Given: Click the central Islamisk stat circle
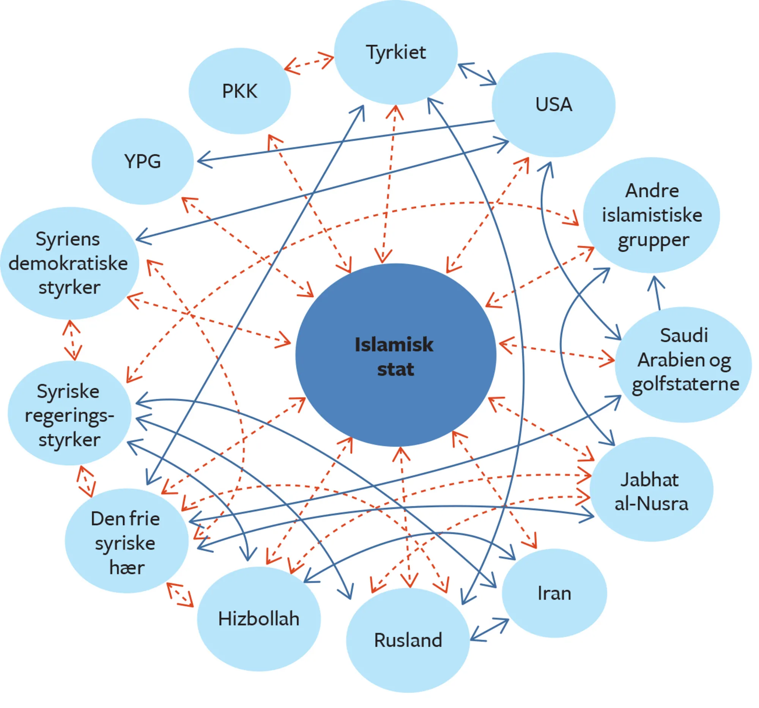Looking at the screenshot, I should (x=395, y=355).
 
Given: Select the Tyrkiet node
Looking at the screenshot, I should (x=395, y=52).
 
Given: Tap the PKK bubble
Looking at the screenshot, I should (x=239, y=91).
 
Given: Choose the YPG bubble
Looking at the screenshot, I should (x=142, y=162).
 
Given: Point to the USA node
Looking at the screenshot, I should (x=553, y=105).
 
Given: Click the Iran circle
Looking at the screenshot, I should (x=554, y=593).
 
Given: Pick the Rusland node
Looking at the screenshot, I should (x=408, y=640).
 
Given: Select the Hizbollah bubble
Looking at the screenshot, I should (x=258, y=619).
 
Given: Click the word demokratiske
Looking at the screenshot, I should (x=68, y=264).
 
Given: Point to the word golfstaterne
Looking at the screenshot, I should (x=685, y=384).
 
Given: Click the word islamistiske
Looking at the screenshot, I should (x=652, y=215).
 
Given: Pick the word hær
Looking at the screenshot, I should (x=127, y=567).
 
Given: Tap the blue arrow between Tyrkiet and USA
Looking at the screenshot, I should (x=477, y=74).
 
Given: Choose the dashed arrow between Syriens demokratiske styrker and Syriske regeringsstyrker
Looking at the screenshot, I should (x=72, y=340).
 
